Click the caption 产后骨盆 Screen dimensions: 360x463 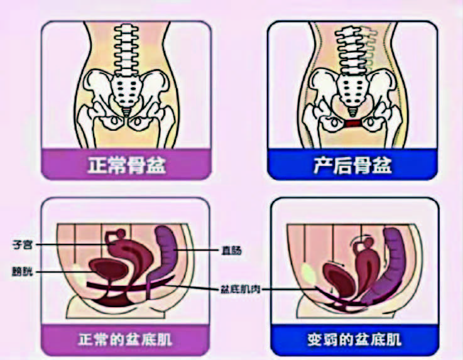point(353,166)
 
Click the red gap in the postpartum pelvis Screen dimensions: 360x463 point(354,124)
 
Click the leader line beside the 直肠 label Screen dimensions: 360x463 point(198,251)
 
